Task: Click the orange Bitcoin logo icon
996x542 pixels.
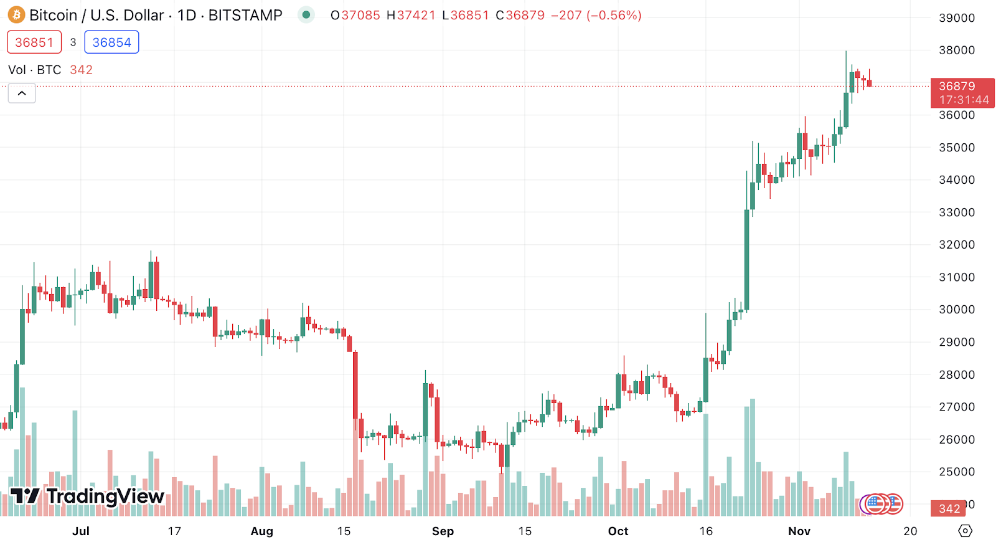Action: click(16, 15)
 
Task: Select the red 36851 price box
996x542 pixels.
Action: click(34, 42)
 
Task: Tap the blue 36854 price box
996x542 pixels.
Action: click(111, 42)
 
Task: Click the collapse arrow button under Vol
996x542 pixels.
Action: click(22, 93)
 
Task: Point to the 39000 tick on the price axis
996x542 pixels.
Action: click(956, 18)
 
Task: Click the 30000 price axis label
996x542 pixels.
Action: click(956, 310)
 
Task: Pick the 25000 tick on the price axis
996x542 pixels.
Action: click(956, 472)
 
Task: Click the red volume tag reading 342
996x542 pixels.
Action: click(949, 508)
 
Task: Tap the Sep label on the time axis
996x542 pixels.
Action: click(443, 531)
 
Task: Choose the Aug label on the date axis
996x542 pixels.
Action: click(261, 531)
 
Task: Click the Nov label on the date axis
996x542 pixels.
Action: click(799, 531)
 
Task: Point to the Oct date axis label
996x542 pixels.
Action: click(618, 531)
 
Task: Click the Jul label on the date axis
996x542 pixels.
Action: click(81, 531)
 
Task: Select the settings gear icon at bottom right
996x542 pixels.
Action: click(965, 531)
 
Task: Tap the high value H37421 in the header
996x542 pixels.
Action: click(411, 15)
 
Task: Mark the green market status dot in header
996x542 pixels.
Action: click(306, 15)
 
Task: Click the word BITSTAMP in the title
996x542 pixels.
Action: click(245, 15)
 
